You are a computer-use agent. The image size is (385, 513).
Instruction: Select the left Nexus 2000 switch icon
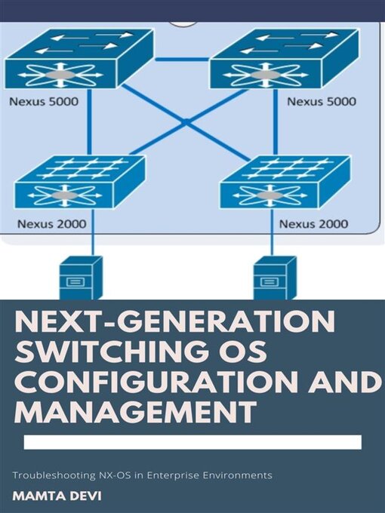point(79,182)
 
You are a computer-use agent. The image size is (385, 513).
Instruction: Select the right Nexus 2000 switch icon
point(285,182)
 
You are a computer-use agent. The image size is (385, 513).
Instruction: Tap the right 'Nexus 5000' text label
point(322,100)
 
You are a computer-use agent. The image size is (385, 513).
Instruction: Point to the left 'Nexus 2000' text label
point(51,223)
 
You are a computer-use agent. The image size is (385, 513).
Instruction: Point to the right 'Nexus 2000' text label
point(313,223)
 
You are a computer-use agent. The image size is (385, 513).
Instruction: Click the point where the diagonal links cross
point(185,121)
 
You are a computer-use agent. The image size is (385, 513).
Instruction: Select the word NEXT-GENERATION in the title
point(175,323)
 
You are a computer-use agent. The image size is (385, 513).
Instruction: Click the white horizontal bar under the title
point(192,442)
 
